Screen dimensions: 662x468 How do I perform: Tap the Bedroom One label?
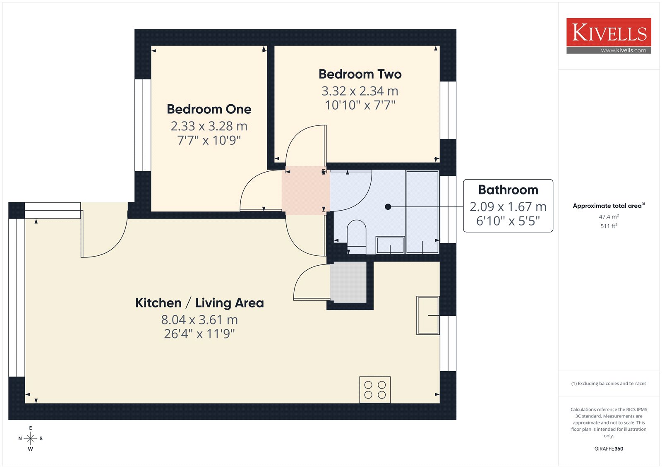209,109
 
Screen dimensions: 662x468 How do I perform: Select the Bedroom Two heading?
360,74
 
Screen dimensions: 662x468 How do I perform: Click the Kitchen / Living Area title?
199,303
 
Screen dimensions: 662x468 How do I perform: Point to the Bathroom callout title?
508,190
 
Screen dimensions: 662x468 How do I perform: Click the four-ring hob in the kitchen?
375,390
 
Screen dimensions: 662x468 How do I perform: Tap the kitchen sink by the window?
428,315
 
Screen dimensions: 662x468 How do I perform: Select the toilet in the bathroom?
356,237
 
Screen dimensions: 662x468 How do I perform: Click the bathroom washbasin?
390,245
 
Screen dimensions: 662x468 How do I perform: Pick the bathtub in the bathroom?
422,212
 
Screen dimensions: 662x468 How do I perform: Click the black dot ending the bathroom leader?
388,207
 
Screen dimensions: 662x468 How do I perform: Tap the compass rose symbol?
31,438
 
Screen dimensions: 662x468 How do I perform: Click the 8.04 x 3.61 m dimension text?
199,319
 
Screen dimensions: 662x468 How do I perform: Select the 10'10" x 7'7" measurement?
360,105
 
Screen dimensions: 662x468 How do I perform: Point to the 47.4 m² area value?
609,217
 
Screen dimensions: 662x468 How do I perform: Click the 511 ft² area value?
609,226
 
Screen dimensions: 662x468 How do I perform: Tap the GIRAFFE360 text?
609,449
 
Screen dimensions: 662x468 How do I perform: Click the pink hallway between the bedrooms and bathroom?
306,191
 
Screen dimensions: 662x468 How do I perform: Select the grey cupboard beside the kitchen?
348,282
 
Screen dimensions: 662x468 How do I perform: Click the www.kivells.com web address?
623,50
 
